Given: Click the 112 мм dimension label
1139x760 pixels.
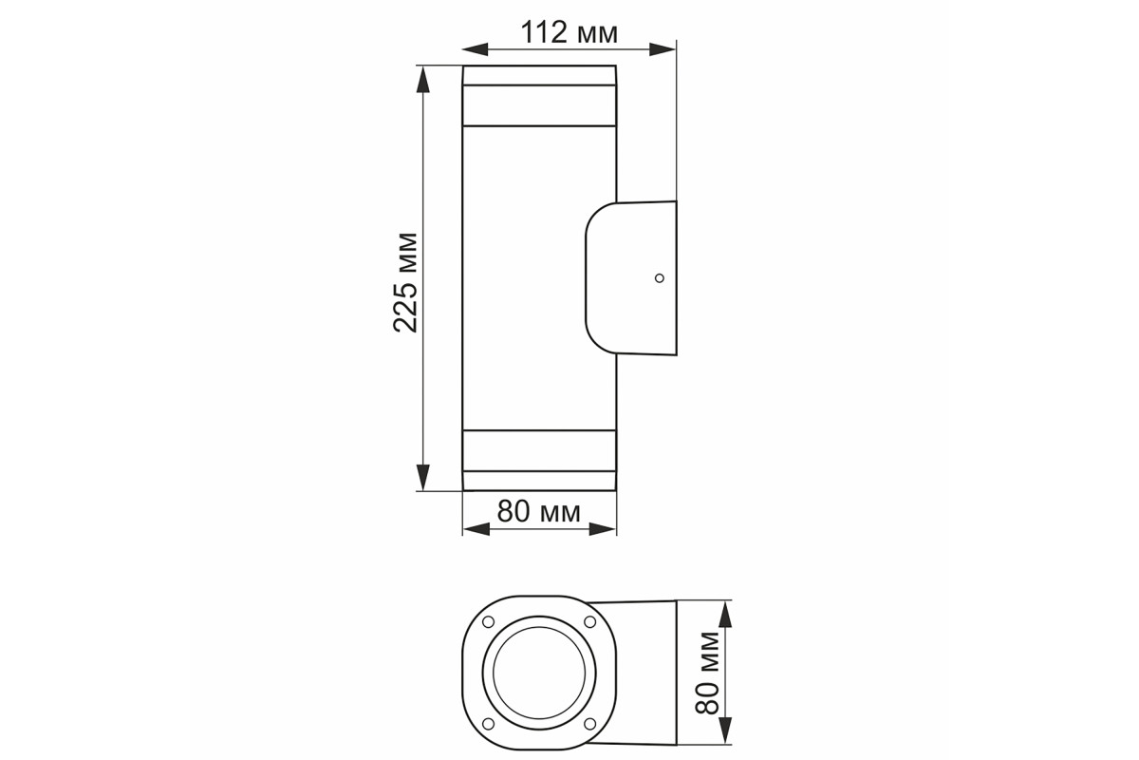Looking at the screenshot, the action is (569, 33).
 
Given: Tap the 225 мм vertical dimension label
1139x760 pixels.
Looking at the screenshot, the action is (406, 283).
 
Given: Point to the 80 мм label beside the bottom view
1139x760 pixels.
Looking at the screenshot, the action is (707, 673).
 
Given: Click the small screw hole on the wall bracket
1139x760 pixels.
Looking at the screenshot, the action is (660, 278).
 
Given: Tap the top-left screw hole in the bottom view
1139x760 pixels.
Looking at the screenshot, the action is (488, 621).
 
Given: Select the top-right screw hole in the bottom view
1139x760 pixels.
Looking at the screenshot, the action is (589, 621).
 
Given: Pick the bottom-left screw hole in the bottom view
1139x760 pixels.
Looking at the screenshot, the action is (488, 723).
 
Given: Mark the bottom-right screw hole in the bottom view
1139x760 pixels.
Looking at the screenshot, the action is (589, 723).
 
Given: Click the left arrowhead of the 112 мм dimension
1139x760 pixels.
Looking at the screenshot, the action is (475, 49).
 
